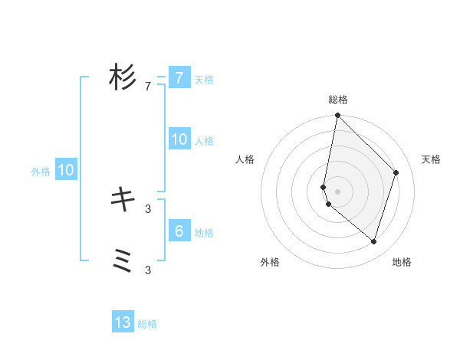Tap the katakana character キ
(123, 200)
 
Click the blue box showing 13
(123, 322)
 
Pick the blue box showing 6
(179, 231)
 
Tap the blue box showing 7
(179, 78)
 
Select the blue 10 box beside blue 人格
(179, 139)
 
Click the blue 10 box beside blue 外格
(66, 170)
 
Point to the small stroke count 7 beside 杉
(148, 87)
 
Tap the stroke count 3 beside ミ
(148, 270)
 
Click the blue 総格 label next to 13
(147, 324)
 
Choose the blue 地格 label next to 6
(204, 232)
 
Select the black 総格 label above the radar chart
(338, 100)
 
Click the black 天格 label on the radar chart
(431, 159)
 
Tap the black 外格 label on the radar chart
(270, 262)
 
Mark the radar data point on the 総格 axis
(338, 116)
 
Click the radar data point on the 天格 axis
(396, 172)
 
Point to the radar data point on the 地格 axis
(374, 241)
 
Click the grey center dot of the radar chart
(338, 191)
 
